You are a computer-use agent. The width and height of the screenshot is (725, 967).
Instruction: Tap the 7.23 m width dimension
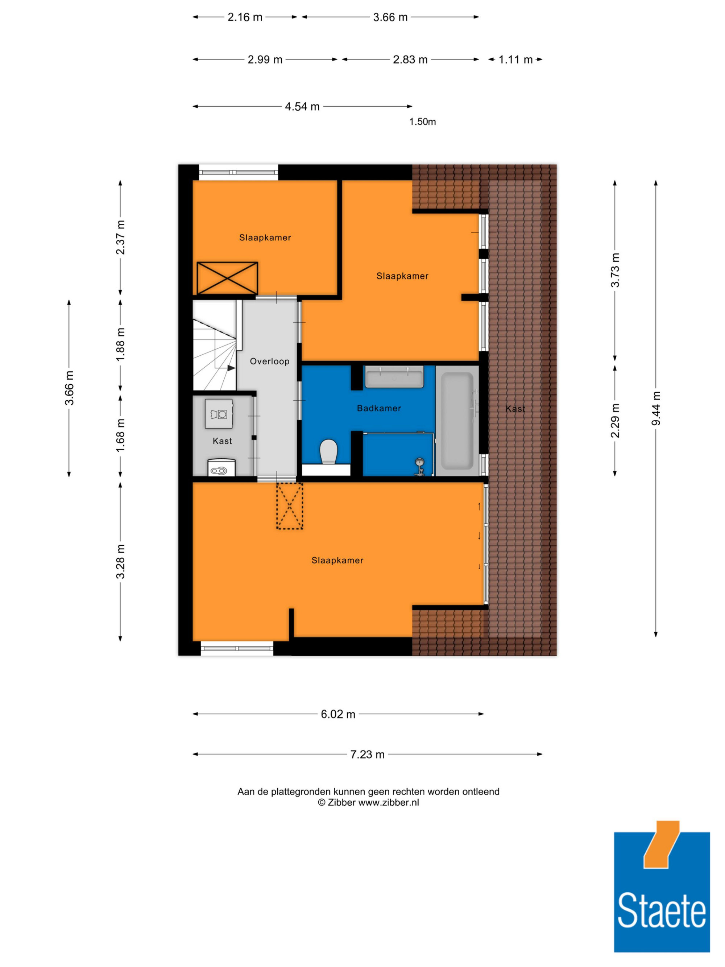coord(367,754)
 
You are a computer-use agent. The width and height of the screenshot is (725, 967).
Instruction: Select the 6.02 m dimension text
coord(338,714)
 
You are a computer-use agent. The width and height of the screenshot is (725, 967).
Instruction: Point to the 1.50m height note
coord(422,121)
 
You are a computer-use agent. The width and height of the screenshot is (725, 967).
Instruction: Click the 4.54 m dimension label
coord(302,106)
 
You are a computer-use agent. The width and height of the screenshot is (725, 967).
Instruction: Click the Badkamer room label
coord(379,408)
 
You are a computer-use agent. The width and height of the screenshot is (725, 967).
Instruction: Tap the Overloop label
coord(269,361)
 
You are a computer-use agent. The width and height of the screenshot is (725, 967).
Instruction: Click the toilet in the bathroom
coord(329,452)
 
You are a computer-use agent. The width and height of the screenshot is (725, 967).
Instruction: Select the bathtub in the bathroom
coord(457,421)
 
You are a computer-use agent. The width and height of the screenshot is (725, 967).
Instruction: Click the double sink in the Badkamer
coord(394,377)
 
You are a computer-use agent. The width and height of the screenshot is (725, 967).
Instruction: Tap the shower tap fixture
coord(419,466)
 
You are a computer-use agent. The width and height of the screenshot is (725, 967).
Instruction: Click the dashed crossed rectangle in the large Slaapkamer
coord(289,506)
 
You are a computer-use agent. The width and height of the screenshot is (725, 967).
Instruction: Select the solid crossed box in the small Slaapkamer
coord(227,278)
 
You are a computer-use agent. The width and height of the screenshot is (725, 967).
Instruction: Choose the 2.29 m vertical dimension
coord(615,421)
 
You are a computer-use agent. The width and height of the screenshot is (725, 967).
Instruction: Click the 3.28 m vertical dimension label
coord(120,562)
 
